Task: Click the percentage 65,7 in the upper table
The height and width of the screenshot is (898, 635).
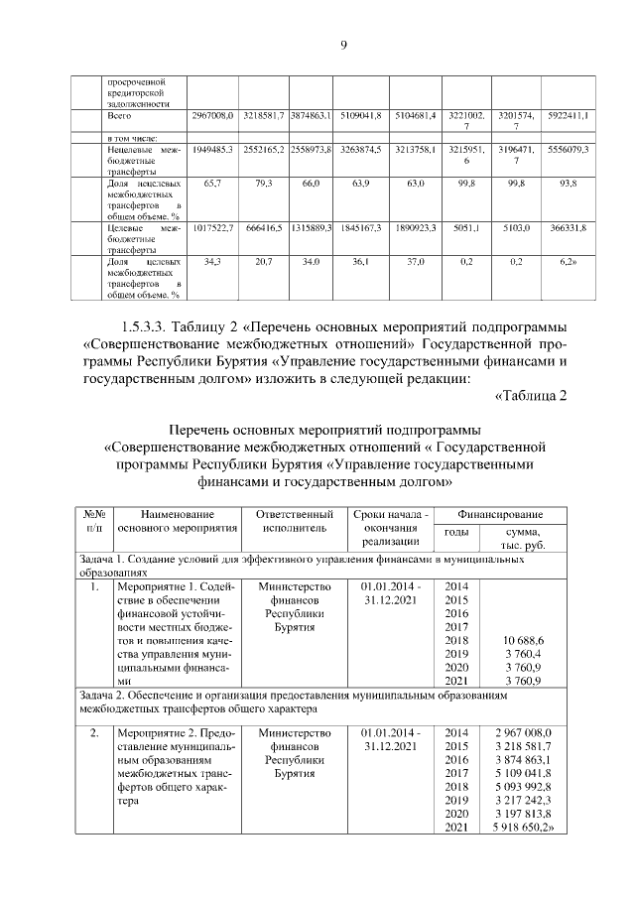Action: point(210,185)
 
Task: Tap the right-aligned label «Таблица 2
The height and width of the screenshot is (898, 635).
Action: point(530,397)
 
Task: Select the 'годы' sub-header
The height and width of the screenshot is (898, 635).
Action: point(456,532)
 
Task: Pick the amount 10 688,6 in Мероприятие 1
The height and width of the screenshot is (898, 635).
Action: point(521,640)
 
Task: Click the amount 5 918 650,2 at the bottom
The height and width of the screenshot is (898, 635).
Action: point(522,827)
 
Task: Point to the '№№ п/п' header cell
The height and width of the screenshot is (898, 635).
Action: point(95,521)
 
